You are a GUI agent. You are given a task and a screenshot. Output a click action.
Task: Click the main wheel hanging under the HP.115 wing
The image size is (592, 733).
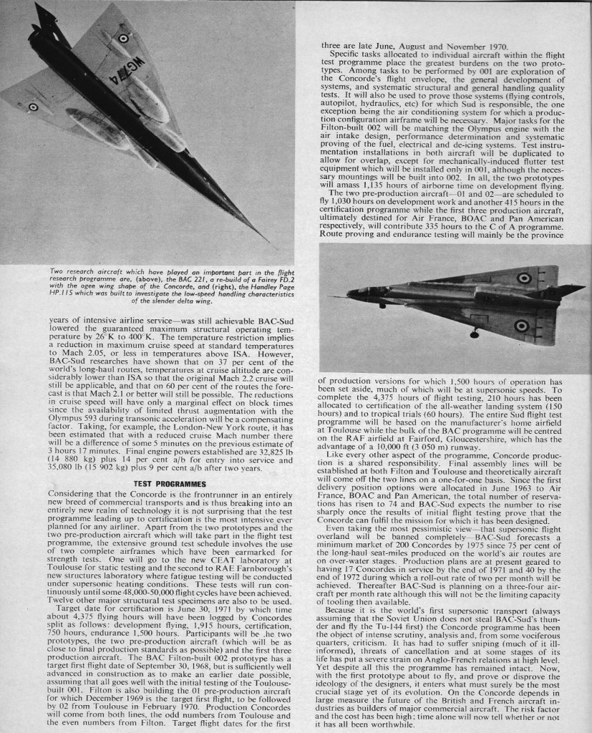pos(475,334)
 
